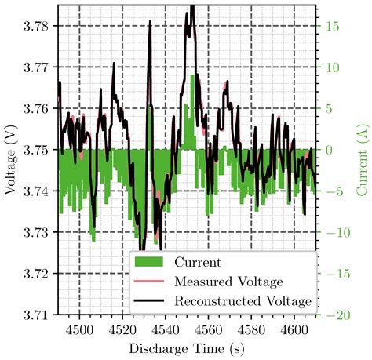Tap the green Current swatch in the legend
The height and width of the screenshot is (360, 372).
pos(152,262)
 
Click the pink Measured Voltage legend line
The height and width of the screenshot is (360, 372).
pos(152,281)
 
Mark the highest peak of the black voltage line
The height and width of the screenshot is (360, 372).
pos(191,7)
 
